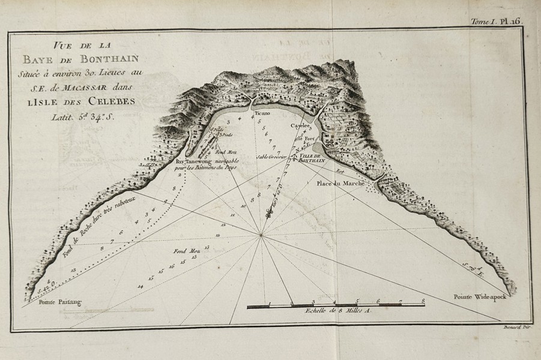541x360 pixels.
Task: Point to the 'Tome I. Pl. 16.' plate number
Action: tap(496, 20)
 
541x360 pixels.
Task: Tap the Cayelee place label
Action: tap(300, 127)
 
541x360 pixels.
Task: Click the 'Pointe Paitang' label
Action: tap(59, 302)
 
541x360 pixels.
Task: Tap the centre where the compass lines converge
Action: tap(261, 235)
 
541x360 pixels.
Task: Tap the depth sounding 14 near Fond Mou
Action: tap(141, 286)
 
